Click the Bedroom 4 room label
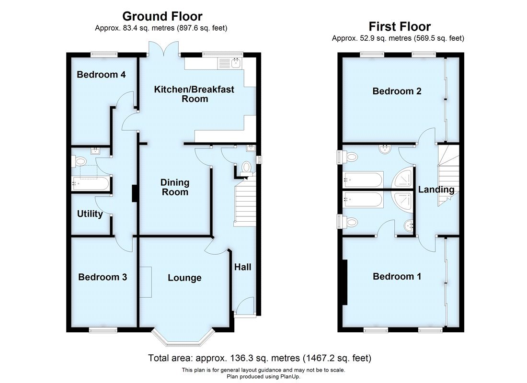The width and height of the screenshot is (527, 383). pos(101,75)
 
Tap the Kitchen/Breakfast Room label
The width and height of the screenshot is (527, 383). pos(194,94)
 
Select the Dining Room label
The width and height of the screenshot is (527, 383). pos(175,187)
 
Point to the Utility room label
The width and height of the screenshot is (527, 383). pos(90,214)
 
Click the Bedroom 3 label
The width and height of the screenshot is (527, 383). pos(103,277)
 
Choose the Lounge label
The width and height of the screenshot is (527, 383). pos(184,278)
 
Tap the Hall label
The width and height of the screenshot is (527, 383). pos(242,267)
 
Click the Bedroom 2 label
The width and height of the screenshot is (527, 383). pos(397,91)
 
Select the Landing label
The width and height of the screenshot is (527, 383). pos(436,190)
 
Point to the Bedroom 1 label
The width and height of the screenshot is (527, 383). pos(397,276)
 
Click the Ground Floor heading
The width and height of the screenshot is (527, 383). pos(162,17)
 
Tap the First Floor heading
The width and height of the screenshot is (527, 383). pos(399,26)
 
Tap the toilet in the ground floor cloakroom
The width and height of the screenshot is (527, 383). pos(246,167)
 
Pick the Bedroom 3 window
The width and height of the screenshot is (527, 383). pos(103,329)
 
